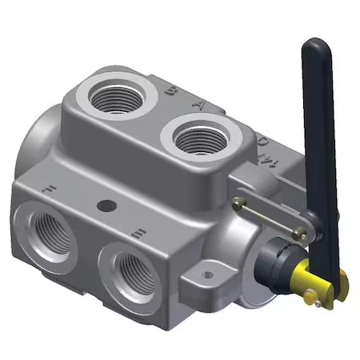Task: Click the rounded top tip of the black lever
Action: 314,46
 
